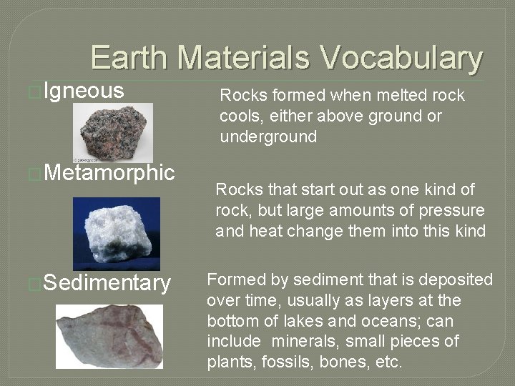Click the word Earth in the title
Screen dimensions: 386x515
click(129, 57)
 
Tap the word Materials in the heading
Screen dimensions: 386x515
click(244, 57)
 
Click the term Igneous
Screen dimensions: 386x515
click(84, 91)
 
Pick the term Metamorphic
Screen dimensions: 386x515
click(109, 172)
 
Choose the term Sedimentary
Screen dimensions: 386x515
click(107, 283)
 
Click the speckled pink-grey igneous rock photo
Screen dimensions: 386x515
click(112, 132)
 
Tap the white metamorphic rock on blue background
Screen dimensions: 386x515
click(116, 233)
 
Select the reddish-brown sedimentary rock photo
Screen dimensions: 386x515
click(109, 336)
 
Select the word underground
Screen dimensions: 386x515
click(268, 137)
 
